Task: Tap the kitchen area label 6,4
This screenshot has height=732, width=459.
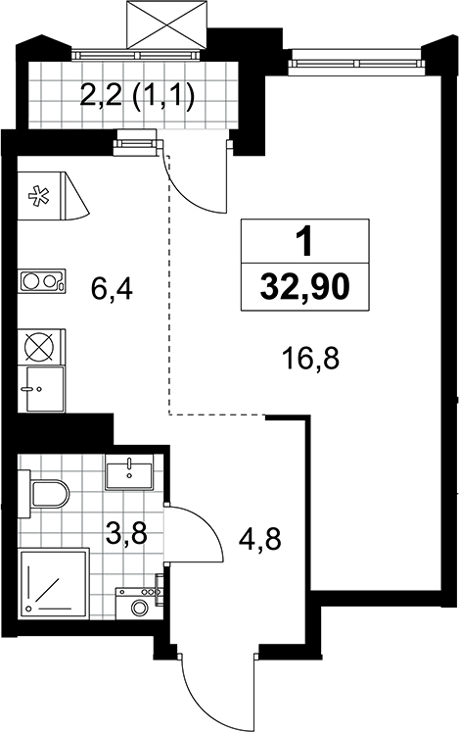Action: pyautogui.click(x=112, y=289)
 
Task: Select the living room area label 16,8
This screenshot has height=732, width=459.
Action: pyautogui.click(x=310, y=359)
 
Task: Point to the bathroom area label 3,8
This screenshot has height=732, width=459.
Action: pyautogui.click(x=126, y=533)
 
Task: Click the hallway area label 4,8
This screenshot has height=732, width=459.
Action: pyautogui.click(x=259, y=540)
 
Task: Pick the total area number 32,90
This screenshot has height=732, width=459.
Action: pyautogui.click(x=304, y=287)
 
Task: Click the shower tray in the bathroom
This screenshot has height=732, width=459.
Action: pyautogui.click(x=54, y=583)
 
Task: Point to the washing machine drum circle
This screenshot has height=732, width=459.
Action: pyautogui.click(x=139, y=608)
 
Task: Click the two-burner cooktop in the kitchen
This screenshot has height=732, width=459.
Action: pyautogui.click(x=42, y=281)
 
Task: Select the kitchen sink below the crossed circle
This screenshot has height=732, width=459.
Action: pyautogui.click(x=45, y=389)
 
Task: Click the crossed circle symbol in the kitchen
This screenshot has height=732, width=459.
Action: pyautogui.click(x=40, y=347)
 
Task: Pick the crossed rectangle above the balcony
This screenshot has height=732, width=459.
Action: pyautogui.click(x=166, y=24)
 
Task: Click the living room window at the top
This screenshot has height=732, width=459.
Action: pyautogui.click(x=358, y=63)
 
